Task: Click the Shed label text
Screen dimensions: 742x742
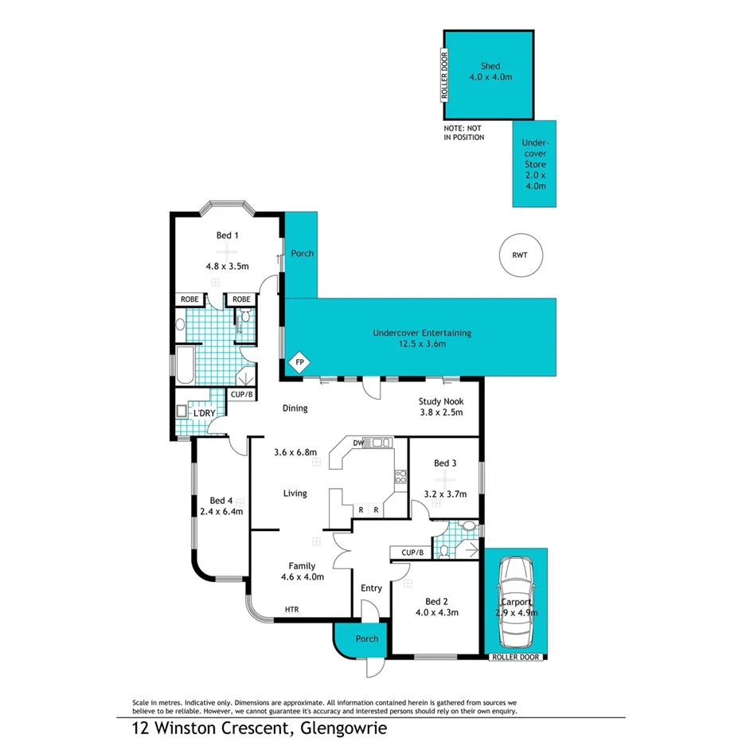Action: click(490, 66)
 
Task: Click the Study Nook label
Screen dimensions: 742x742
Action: click(440, 402)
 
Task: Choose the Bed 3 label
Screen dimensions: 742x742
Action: click(445, 463)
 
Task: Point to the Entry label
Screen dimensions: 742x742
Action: click(371, 588)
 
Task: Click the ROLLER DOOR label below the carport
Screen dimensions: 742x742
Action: click(516, 658)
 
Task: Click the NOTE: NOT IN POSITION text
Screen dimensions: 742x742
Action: click(463, 133)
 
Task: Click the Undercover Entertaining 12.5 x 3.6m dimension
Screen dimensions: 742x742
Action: click(422, 344)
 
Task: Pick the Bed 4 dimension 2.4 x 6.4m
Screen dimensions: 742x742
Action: click(221, 511)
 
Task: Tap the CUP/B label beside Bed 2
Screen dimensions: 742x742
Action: click(410, 553)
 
